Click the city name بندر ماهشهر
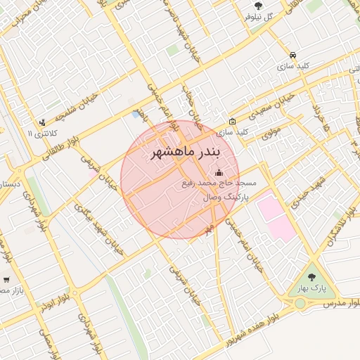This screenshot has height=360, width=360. point(185,153)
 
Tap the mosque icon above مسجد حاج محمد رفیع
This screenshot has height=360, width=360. point(218,172)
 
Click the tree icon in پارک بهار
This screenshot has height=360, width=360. point(312,276)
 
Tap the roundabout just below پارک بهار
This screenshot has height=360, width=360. point(300,303)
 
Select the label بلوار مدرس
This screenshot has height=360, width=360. point(342,303)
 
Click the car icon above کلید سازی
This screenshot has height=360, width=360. point(292,54)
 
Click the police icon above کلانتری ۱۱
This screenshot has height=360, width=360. point(43,122)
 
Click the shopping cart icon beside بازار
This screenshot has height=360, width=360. point(6,279)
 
